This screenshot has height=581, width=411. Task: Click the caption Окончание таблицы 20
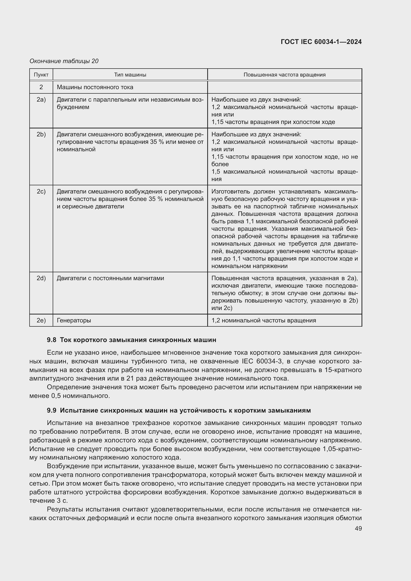[x=64, y=61]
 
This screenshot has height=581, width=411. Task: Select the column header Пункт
[x=41, y=75]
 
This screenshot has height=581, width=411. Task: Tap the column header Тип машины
[x=130, y=75]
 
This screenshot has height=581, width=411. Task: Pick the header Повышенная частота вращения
[x=285, y=75]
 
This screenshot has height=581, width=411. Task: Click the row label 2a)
[x=41, y=100]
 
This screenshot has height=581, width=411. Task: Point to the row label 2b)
[x=41, y=134]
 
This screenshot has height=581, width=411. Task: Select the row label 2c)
[x=41, y=192]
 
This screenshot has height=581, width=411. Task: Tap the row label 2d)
[x=41, y=278]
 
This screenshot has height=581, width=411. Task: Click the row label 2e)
[x=41, y=320]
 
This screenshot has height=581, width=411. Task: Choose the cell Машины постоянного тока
[x=95, y=87]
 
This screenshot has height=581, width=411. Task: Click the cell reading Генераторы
[x=74, y=320]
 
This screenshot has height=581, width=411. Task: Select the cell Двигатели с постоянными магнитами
[x=110, y=278]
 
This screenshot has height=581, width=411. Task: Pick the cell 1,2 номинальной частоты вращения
[x=264, y=320]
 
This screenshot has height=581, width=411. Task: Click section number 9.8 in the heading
[x=51, y=340]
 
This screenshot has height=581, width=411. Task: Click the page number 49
[x=358, y=528]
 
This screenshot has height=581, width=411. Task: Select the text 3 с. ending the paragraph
[x=61, y=501]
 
